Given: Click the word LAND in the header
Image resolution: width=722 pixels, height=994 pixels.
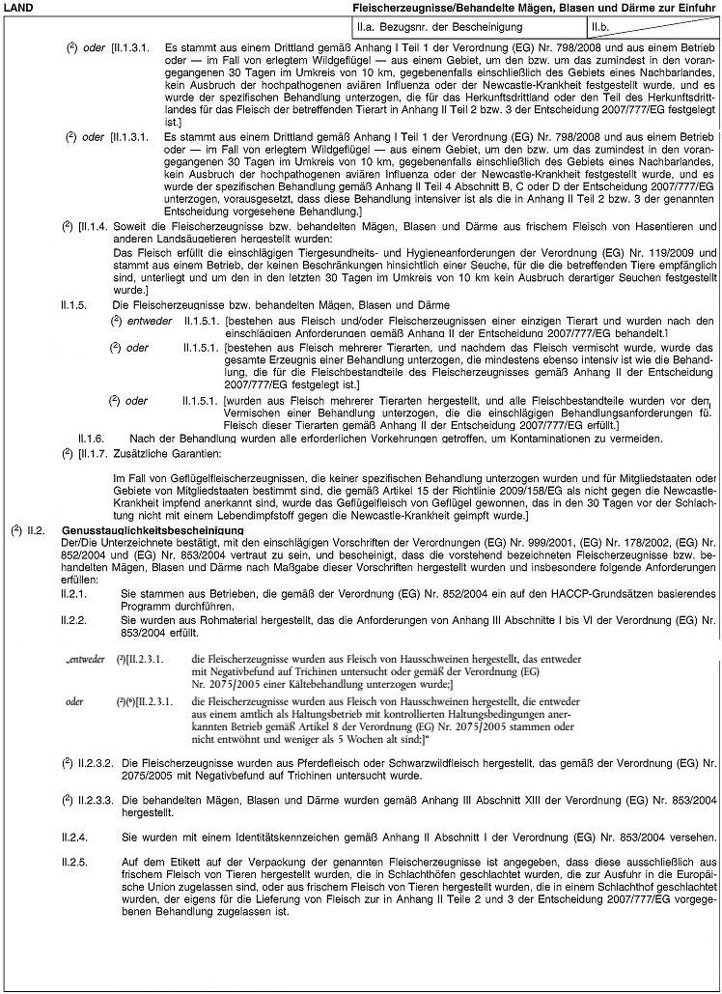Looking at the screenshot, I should coord(18,8).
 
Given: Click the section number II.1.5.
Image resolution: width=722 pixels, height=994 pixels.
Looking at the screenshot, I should coord(74,305).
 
